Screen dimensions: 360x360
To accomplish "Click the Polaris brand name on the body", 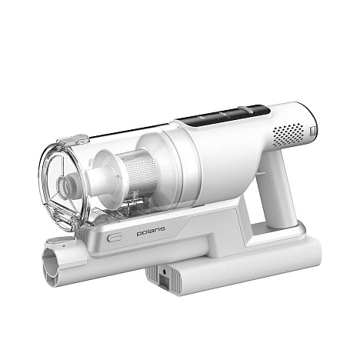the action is pyautogui.click(x=151, y=232).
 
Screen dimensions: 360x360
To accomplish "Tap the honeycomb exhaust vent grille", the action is pyautogui.click(x=288, y=135).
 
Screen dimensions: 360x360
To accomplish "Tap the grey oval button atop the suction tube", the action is pyautogui.click(x=55, y=240).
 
